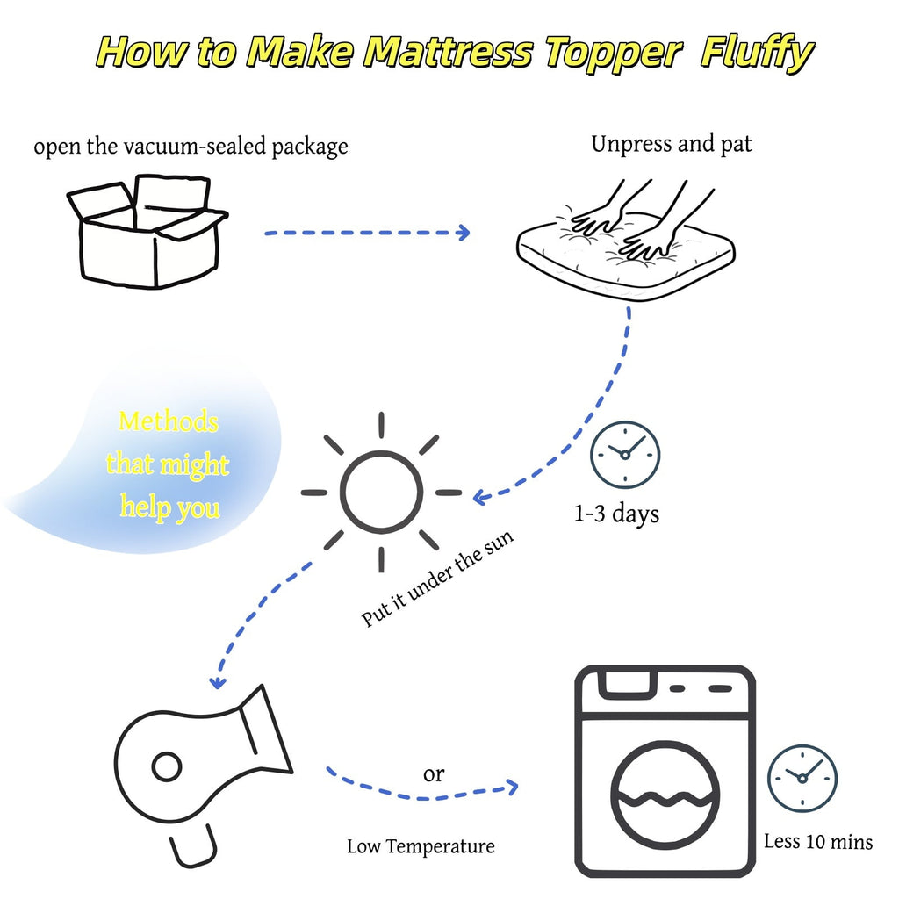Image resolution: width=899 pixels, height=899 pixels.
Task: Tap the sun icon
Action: pyautogui.click(x=381, y=492)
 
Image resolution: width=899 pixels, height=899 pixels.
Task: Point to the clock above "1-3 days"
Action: pyautogui.click(x=624, y=454)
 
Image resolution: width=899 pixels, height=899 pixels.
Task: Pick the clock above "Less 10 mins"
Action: pyautogui.click(x=802, y=778)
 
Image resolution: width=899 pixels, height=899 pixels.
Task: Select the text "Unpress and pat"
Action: pyautogui.click(x=672, y=144)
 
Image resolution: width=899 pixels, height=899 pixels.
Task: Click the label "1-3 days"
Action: pyautogui.click(x=616, y=514)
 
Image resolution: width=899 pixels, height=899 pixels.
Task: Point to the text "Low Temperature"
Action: pyautogui.click(x=421, y=847)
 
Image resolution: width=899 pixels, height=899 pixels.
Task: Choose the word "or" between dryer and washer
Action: pyautogui.click(x=434, y=774)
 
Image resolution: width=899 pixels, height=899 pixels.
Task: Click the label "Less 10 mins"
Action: pyautogui.click(x=818, y=842)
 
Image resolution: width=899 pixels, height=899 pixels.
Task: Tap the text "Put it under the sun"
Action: pyautogui.click(x=438, y=577)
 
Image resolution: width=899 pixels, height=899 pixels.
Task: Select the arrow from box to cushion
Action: pyautogui.click(x=367, y=233)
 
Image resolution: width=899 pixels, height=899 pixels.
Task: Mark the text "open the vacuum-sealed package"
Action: pyautogui.click(x=191, y=146)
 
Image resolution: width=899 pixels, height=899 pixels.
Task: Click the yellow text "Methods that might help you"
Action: pyautogui.click(x=167, y=464)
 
